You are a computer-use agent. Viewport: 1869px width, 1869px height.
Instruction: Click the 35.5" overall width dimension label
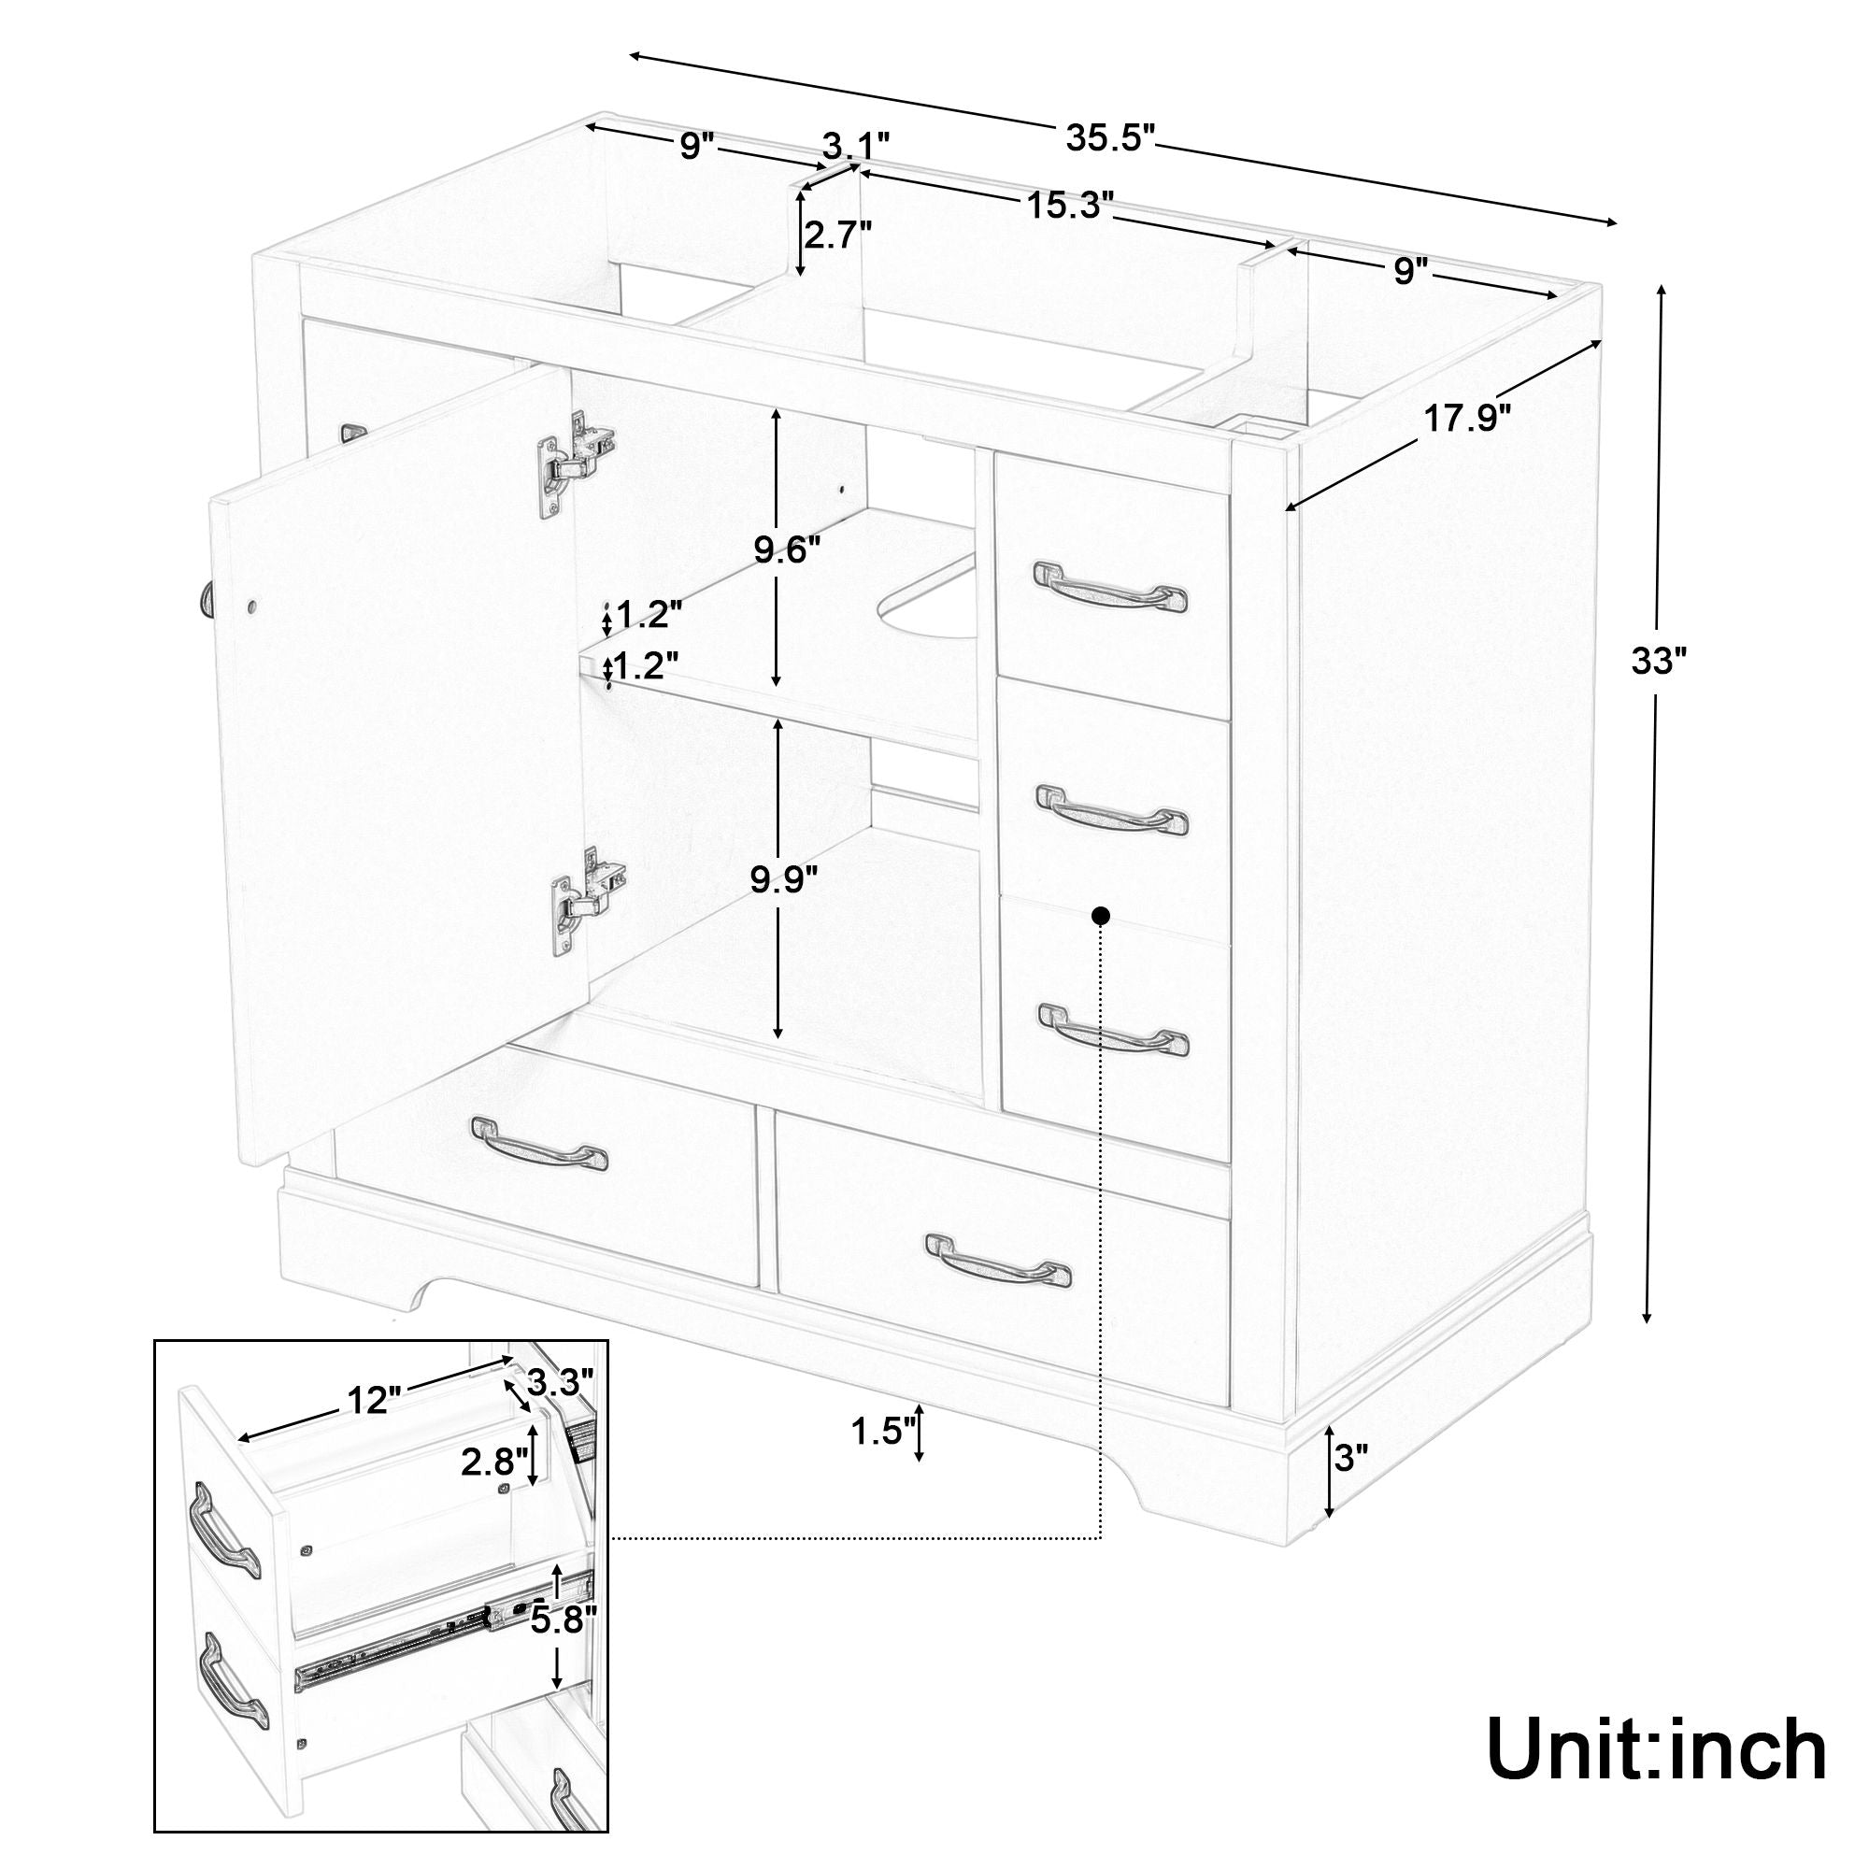point(1110,137)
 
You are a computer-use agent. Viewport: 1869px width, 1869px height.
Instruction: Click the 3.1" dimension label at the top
point(855,148)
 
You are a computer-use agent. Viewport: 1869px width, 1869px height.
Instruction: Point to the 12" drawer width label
point(373,1399)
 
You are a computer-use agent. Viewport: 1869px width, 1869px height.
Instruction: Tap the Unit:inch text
point(1655,1747)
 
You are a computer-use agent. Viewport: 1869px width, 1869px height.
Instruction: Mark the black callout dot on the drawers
point(1100,914)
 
